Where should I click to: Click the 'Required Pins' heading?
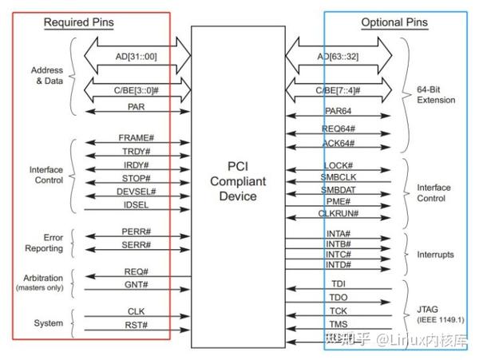point(77,23)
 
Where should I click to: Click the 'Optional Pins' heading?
point(394,23)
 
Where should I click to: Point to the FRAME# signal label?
point(135,137)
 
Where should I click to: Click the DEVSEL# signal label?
point(137,192)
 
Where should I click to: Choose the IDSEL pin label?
point(137,206)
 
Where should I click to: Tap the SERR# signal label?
point(137,245)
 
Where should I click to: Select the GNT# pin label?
point(137,284)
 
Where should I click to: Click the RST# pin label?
point(137,325)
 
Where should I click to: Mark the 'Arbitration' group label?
point(45,276)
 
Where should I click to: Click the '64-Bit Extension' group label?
point(437,95)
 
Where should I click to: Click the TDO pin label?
point(339,298)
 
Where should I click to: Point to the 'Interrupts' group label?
point(435,255)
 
